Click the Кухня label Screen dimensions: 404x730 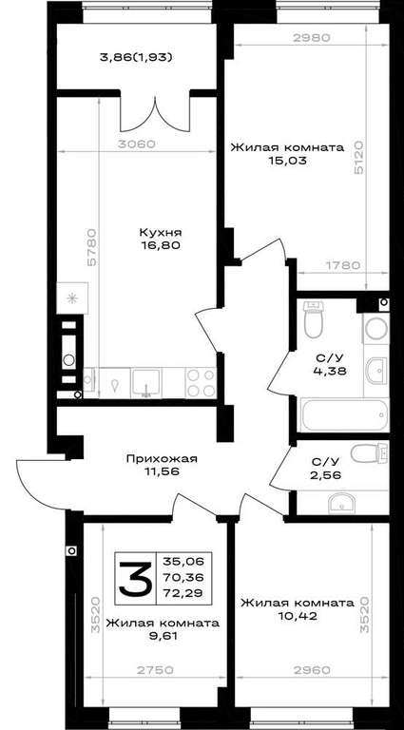161,232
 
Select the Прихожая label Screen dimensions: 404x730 162,459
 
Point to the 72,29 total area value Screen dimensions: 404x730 186,593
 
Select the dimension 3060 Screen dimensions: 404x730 135,144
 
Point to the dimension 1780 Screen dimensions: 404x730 343,265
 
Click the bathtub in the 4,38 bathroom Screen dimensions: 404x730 345,414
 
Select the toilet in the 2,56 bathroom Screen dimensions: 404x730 370,453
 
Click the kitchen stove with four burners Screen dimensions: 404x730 202,382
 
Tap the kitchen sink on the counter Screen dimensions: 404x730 146,383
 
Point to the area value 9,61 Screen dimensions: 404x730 163,636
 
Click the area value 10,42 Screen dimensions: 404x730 298,616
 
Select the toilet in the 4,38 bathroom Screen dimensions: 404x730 314,319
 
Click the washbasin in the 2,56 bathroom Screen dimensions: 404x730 341,504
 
